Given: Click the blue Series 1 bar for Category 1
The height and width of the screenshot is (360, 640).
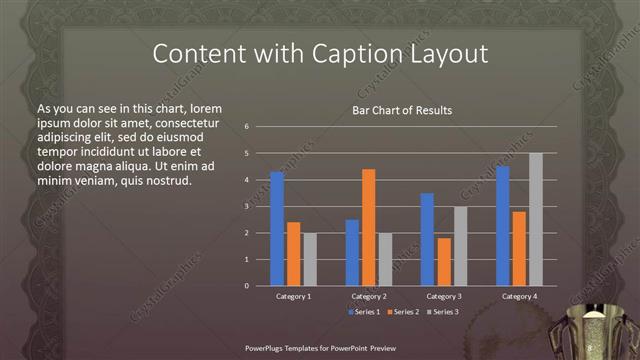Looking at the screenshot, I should pyautogui.click(x=277, y=229).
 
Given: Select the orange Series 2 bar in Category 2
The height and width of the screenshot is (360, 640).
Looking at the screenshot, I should pyautogui.click(x=368, y=227).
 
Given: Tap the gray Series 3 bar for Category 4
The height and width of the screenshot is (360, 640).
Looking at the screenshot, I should pyautogui.click(x=535, y=219).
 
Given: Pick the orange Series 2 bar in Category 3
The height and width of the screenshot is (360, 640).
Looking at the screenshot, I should pyautogui.click(x=443, y=262).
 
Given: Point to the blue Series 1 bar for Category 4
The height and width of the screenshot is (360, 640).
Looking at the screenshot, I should pyautogui.click(x=502, y=226).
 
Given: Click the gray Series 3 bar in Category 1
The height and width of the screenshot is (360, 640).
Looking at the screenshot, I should pyautogui.click(x=310, y=259).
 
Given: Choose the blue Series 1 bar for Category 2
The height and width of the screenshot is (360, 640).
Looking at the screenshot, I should pyautogui.click(x=352, y=252).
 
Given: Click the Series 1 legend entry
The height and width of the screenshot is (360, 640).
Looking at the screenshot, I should pyautogui.click(x=365, y=312).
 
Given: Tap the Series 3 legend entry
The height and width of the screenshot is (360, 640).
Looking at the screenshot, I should pyautogui.click(x=443, y=312).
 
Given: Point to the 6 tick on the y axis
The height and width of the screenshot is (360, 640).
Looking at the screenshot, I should pyautogui.click(x=247, y=127).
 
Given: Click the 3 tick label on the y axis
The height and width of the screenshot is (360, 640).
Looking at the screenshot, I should pyautogui.click(x=247, y=206).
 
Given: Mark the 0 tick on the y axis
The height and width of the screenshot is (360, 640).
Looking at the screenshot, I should pyautogui.click(x=247, y=286).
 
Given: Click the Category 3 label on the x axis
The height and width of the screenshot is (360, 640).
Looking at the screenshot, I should pyautogui.click(x=443, y=297).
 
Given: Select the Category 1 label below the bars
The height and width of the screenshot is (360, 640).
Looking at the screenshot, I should pyautogui.click(x=293, y=297).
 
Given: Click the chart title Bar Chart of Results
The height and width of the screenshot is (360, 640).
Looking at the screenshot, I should pyautogui.click(x=402, y=110).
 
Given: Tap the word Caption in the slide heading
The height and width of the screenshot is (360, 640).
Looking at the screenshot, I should pyautogui.click(x=338, y=52).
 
